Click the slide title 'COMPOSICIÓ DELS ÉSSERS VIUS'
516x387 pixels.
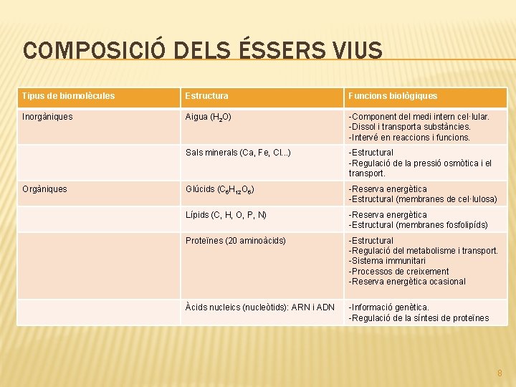[x=203, y=51]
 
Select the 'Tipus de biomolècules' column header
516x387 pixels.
[x=68, y=95]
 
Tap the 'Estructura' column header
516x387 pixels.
[x=207, y=95]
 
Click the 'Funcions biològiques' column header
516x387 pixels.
[x=393, y=95]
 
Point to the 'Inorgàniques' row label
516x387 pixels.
[x=47, y=116]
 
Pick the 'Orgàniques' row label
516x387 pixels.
[x=44, y=189]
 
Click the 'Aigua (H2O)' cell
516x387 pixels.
[x=208, y=117]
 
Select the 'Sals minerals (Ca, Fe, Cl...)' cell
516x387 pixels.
[x=238, y=153]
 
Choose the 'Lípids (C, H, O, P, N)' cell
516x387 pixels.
[x=226, y=215]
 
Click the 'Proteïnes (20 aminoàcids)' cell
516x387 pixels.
[x=235, y=241]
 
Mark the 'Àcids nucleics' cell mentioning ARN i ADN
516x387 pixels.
[x=259, y=307]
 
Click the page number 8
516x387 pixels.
[x=500, y=373]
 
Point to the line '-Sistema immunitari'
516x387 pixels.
[x=387, y=261]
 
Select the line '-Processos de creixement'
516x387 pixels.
[x=398, y=272]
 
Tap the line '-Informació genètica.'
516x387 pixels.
[x=388, y=307]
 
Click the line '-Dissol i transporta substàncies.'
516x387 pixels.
[x=409, y=127]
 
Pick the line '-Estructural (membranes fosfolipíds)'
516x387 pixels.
[x=418, y=225]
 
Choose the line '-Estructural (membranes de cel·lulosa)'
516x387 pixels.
[x=422, y=199]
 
